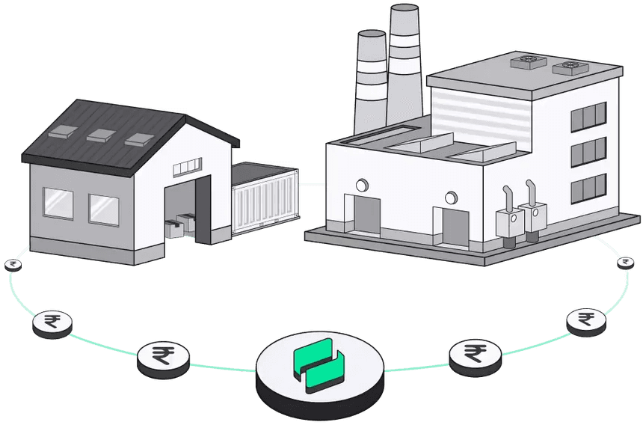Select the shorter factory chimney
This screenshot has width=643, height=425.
[370, 79]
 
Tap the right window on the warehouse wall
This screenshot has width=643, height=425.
[104, 210]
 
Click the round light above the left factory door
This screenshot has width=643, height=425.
[363, 185]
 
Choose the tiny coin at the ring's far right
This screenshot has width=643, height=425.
[625, 262]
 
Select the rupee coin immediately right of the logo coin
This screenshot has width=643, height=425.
[473, 353]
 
